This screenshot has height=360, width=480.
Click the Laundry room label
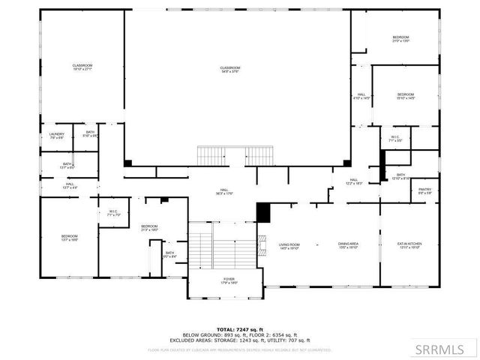(x=57, y=136)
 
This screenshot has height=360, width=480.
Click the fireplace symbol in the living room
(x=261, y=244)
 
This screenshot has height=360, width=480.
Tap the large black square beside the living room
(x=263, y=212)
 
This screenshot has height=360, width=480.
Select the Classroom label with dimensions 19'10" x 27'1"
(x=82, y=67)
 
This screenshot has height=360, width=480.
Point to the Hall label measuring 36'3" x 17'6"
(x=223, y=192)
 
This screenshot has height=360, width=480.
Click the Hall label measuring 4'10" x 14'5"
(x=361, y=96)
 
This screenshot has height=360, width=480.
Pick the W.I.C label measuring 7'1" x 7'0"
(x=113, y=213)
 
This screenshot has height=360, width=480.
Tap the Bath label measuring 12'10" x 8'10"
(x=400, y=176)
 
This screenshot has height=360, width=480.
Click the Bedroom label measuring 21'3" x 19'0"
(x=149, y=227)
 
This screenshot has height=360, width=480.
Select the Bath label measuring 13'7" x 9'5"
(x=67, y=166)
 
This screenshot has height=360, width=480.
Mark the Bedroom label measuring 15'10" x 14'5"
(x=405, y=96)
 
